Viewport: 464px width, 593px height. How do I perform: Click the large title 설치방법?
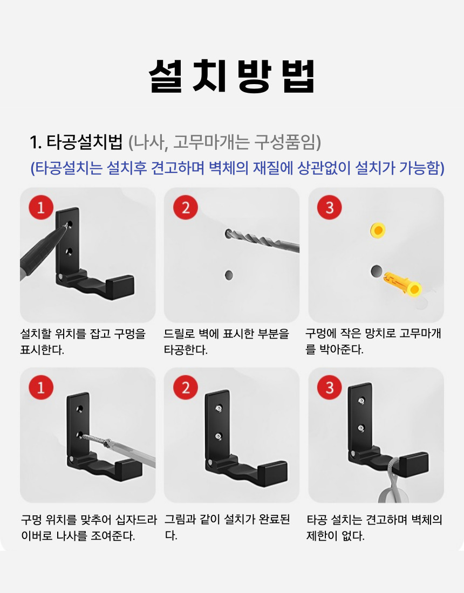tap(231, 77)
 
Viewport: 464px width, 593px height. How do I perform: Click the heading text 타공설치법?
tap(85, 142)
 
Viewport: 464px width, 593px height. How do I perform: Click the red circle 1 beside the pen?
tap(41, 207)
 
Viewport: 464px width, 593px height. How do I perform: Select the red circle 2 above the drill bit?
tap(186, 207)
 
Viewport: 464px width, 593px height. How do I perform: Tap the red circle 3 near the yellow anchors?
tap(330, 207)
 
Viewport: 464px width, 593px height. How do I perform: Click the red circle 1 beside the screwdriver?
tap(41, 387)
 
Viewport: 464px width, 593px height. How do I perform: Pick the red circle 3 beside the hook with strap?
tap(330, 387)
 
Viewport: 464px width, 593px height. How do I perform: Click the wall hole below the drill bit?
tap(229, 275)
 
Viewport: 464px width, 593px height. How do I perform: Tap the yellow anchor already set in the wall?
tap(378, 230)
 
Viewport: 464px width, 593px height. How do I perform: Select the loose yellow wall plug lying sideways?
tap(402, 284)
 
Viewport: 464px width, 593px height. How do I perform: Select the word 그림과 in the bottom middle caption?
tap(180, 519)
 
